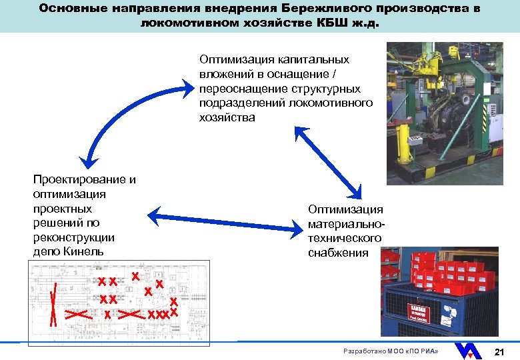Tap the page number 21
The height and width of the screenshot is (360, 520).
coord(499,351)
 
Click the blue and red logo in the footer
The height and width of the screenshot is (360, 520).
coord(469,350)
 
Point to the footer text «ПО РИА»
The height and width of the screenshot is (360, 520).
coord(421,351)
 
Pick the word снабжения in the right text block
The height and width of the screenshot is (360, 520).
coord(338,253)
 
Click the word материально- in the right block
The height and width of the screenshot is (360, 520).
coord(346,224)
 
